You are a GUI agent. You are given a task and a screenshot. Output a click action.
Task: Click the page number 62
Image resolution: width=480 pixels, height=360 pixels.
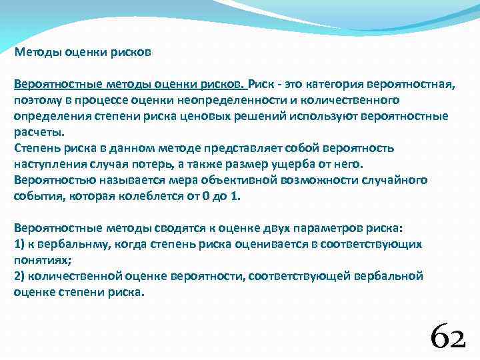447,335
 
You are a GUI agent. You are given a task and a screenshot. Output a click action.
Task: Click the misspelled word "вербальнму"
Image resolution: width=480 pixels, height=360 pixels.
63,244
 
